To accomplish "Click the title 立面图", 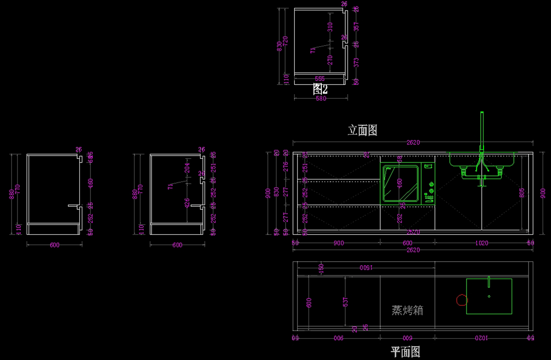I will point(362,130).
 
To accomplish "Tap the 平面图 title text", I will point(405,352).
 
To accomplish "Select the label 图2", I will point(320,89).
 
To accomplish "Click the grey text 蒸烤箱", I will point(407,310).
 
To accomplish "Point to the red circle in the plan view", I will point(461,300).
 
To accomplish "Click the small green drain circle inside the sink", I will point(489,296).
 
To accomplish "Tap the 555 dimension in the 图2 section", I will point(320,79).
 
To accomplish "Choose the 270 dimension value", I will point(330,60).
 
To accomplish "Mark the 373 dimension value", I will point(356,62).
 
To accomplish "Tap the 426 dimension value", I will point(187,202).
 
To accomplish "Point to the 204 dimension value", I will point(187,169).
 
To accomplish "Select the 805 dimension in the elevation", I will point(522,193).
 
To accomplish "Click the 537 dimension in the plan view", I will point(345,302).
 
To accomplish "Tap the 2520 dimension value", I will point(412,232).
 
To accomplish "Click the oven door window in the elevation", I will point(400,184).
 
